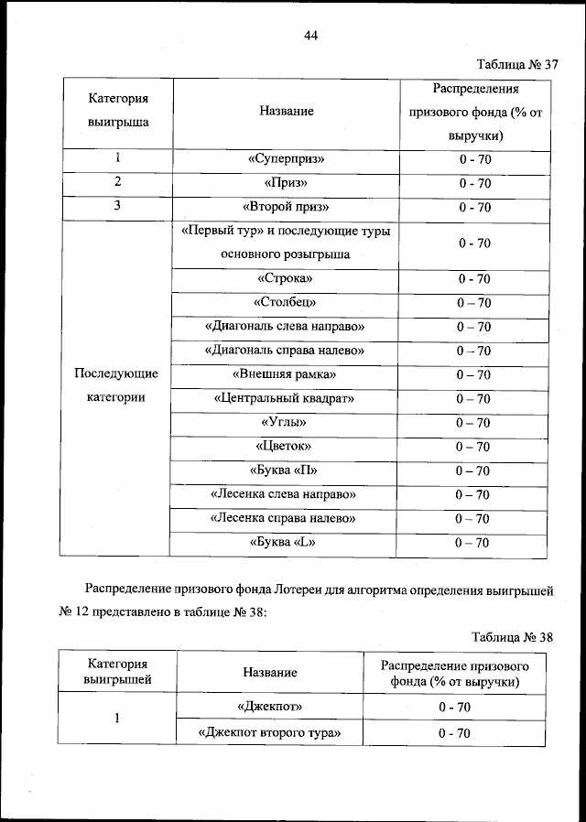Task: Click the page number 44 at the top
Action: [x=309, y=36]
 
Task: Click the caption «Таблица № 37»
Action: [x=517, y=65]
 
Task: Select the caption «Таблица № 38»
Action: [x=514, y=636]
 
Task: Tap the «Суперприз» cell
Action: [x=286, y=159]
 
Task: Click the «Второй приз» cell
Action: [x=286, y=207]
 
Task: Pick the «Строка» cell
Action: [x=286, y=278]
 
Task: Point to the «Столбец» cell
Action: [x=286, y=302]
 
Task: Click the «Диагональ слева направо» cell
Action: [x=286, y=326]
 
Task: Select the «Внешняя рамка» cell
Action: [x=286, y=374]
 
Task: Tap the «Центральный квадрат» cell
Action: [x=286, y=399]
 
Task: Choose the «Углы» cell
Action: [x=286, y=423]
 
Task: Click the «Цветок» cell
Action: [x=286, y=447]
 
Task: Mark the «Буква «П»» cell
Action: [x=286, y=470]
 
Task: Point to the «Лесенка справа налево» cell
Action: [x=286, y=518]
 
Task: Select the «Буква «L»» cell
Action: [x=286, y=542]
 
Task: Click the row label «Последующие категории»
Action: [x=116, y=386]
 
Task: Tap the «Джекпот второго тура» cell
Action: [x=269, y=733]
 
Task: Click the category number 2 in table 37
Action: [x=117, y=182]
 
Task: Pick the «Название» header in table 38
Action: [x=269, y=673]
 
